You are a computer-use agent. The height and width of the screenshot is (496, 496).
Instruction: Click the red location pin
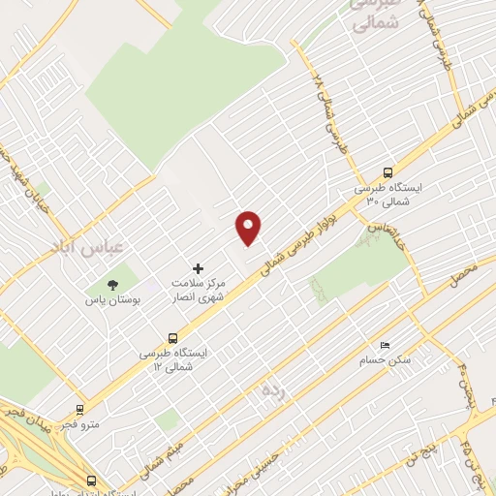[x=249, y=228]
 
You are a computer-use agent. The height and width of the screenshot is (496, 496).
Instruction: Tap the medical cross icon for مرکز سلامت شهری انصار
[x=199, y=267]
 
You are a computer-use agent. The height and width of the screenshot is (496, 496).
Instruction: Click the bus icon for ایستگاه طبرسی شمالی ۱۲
[x=172, y=338]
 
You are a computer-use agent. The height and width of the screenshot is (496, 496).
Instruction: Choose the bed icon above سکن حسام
[x=385, y=345]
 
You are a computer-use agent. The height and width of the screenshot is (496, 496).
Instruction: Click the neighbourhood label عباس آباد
[x=85, y=248]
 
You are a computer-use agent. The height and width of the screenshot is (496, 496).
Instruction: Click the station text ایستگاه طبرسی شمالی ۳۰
[x=382, y=194]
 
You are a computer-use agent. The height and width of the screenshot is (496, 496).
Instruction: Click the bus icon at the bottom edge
[x=92, y=480]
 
